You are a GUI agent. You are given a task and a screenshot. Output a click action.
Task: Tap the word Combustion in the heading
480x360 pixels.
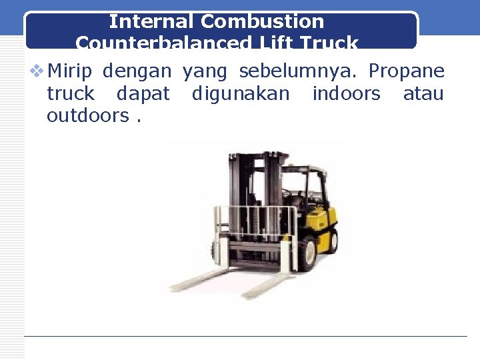[262, 21]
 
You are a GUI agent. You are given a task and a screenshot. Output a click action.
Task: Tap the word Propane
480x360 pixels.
[406, 71]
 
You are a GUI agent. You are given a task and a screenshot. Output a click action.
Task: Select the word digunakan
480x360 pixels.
[241, 93]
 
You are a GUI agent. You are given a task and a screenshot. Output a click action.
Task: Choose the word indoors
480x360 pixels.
[346, 93]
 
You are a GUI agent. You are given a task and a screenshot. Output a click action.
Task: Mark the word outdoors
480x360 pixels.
[87, 115]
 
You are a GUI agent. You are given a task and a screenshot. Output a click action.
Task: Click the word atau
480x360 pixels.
[423, 93]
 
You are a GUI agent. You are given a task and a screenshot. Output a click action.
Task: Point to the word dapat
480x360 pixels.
[143, 93]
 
